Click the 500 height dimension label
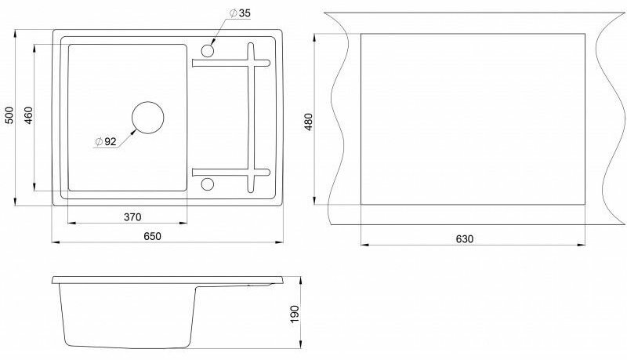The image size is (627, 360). point(9,115)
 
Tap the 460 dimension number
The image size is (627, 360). point(28,115)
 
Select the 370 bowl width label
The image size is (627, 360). point(132,217)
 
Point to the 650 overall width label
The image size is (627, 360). point(152,236)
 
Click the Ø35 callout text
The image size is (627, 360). point(240,13)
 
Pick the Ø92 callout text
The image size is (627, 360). point(106,141)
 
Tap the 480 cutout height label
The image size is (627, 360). point(309,122)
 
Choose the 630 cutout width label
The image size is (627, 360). point(464,238)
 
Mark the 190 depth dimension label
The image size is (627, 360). point(295,314)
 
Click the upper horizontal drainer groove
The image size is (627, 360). point(231,64)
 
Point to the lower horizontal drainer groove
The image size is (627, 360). point(231,173)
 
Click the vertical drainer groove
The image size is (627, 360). point(251,118)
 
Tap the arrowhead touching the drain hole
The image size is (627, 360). point(135,130)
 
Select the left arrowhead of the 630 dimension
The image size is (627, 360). point(364,244)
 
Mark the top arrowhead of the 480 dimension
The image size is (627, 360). point(315,38)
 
